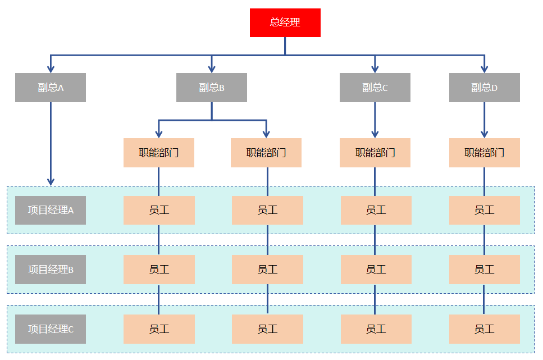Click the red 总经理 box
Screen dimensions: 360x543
(x=285, y=22)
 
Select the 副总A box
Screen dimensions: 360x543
(x=51, y=88)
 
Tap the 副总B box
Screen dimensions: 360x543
(x=212, y=88)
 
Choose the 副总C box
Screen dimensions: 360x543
(x=375, y=88)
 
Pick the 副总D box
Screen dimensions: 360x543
(x=485, y=88)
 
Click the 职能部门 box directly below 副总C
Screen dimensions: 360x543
(x=375, y=153)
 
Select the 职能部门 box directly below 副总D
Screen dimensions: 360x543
(x=485, y=153)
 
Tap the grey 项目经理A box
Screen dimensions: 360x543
(x=51, y=210)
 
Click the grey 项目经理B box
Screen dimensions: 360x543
(x=51, y=270)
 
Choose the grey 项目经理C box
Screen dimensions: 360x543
(x=51, y=329)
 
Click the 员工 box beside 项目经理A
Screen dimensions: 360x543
(x=159, y=210)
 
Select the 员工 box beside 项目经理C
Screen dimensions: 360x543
(x=159, y=329)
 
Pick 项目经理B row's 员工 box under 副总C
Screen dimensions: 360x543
(x=376, y=270)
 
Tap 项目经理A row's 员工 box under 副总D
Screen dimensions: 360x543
(x=485, y=210)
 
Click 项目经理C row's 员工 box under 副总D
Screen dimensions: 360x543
(x=485, y=329)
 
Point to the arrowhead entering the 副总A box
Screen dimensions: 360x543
(x=51, y=69)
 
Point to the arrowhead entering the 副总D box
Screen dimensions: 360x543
(x=485, y=69)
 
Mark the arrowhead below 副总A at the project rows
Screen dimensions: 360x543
(x=51, y=181)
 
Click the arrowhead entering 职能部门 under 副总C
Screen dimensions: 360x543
(x=375, y=134)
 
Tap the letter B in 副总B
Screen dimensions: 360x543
(x=222, y=88)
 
